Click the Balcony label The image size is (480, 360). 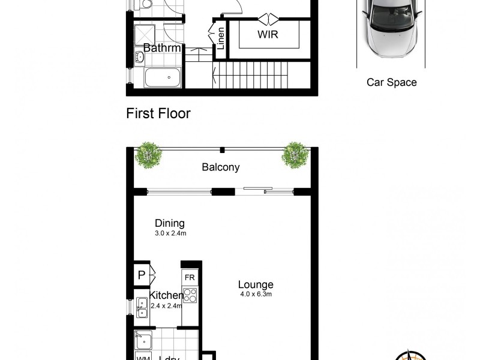click(x=220, y=167)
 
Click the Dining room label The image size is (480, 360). click(x=170, y=223)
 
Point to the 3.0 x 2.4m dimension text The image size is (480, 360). click(x=170, y=234)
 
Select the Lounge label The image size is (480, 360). click(x=256, y=284)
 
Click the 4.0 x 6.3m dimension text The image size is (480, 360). click(x=256, y=295)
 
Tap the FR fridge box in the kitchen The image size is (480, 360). click(x=190, y=278)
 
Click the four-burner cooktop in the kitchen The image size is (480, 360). click(x=190, y=295)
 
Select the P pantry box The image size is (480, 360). click(x=142, y=275)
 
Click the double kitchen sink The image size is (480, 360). click(x=142, y=307)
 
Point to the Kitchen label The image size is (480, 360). click(x=166, y=295)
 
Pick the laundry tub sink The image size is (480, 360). click(x=143, y=340)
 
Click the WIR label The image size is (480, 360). click(x=268, y=35)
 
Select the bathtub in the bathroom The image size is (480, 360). click(x=163, y=77)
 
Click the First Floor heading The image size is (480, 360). click(x=158, y=113)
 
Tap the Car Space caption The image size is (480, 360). click(x=391, y=83)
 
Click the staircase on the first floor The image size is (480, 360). click(x=251, y=77)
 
